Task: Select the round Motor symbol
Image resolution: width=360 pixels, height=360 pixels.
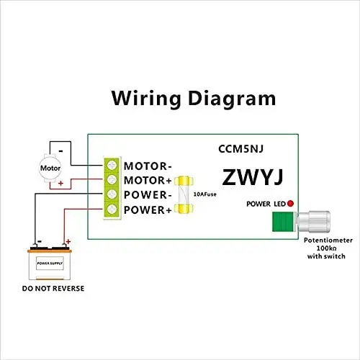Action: click(x=50, y=168)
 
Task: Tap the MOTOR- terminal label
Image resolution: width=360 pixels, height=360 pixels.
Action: click(x=148, y=165)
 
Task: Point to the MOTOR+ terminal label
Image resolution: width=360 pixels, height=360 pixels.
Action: click(x=148, y=180)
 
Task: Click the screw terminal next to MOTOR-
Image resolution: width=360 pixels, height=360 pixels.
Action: click(x=112, y=165)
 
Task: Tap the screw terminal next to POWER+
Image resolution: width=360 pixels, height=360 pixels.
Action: click(x=112, y=210)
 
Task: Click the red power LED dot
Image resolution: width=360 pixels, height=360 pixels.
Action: click(x=291, y=204)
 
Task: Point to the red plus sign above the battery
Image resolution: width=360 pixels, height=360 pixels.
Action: click(x=68, y=242)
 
